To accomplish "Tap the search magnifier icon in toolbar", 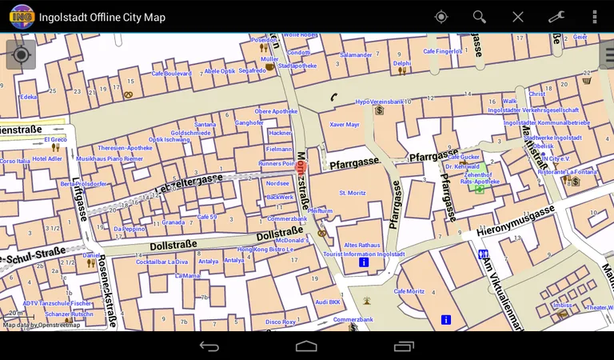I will coord(479,17).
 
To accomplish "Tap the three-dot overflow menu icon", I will coord(595,17).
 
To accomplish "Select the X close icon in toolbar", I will coord(518,17).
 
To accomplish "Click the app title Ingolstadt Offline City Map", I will coord(102,17).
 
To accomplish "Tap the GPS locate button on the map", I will coord(21,54).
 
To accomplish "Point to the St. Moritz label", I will coord(353,193).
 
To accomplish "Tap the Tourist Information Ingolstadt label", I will coord(364,254).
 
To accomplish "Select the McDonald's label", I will coord(292,240).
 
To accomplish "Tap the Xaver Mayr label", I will coord(345,125).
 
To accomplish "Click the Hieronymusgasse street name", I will coord(515,222).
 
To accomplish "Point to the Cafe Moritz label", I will coord(409,291).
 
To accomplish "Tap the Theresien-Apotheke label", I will coord(125,148).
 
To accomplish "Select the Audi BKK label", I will coord(328,302).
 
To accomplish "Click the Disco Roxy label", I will coord(281,322).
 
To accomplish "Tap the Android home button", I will coord(306,346).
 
